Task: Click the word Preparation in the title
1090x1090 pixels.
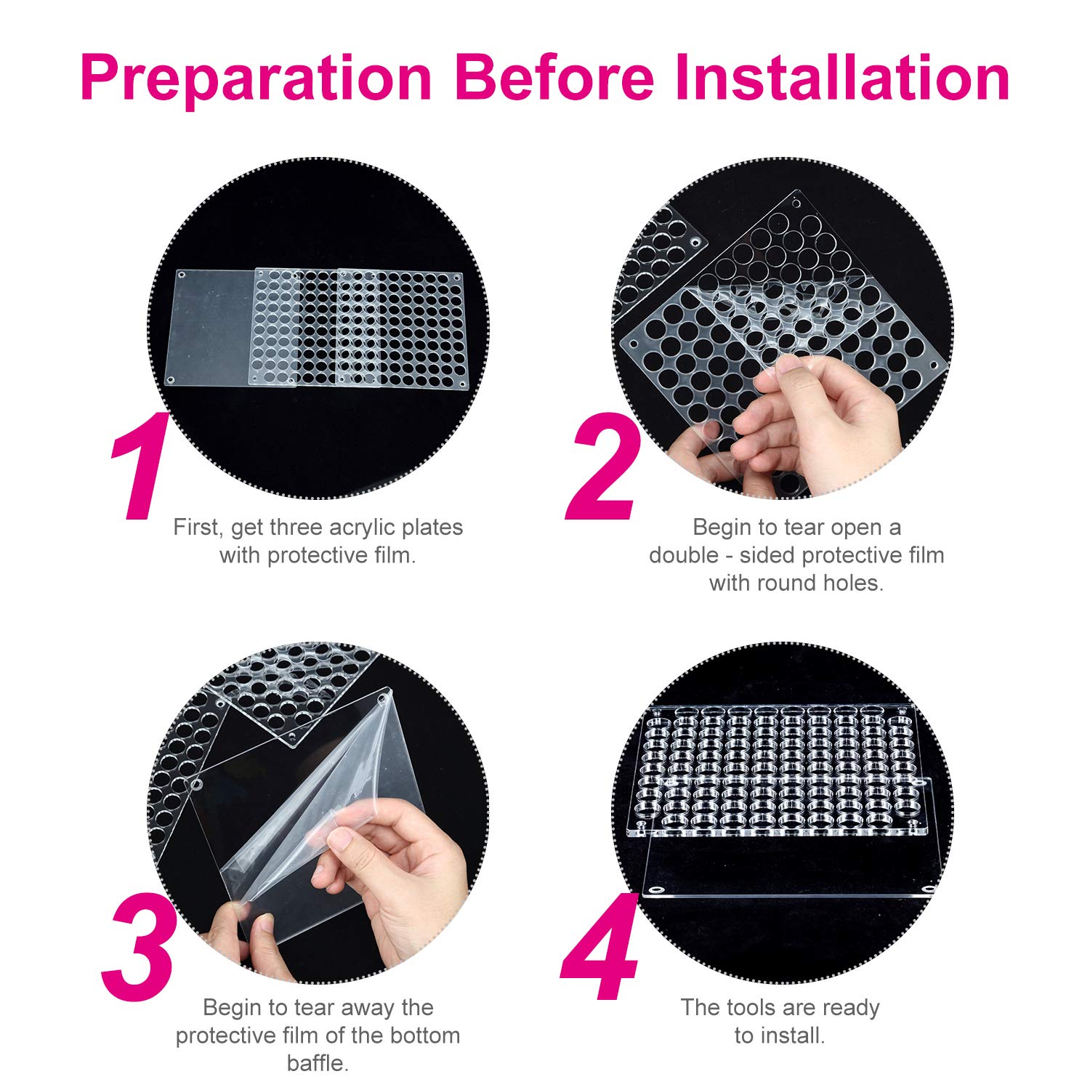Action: coord(257,78)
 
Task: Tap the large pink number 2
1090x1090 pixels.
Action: coord(603,465)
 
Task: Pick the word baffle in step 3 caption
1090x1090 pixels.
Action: coord(318,1063)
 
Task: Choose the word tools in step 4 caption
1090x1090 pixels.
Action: coord(754,1008)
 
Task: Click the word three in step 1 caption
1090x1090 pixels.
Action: coord(296,528)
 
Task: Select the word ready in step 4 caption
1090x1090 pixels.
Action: coord(849,1009)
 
